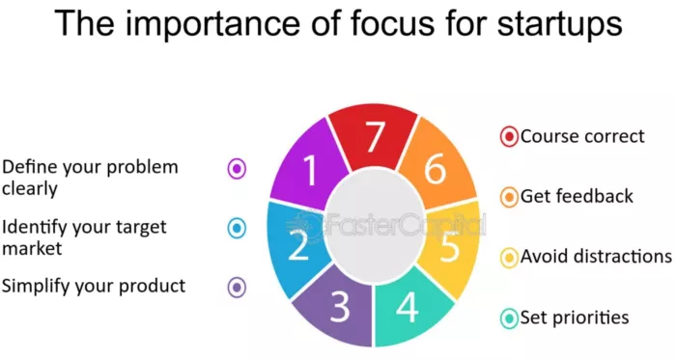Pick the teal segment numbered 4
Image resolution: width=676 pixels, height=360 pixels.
tap(408, 307)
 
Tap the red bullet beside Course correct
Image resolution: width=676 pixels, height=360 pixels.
tap(509, 136)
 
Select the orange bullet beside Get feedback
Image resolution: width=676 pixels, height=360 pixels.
tap(509, 197)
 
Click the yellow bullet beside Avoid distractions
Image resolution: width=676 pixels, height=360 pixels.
tap(509, 258)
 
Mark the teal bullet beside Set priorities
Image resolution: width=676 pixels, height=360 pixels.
tap(509, 318)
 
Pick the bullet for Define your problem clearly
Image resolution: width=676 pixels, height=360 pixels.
tap(237, 168)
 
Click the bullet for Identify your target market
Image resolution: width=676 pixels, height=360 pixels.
tap(237, 228)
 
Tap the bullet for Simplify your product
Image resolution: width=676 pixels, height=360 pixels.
tap(237, 287)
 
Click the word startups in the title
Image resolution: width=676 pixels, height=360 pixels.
tap(549, 23)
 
